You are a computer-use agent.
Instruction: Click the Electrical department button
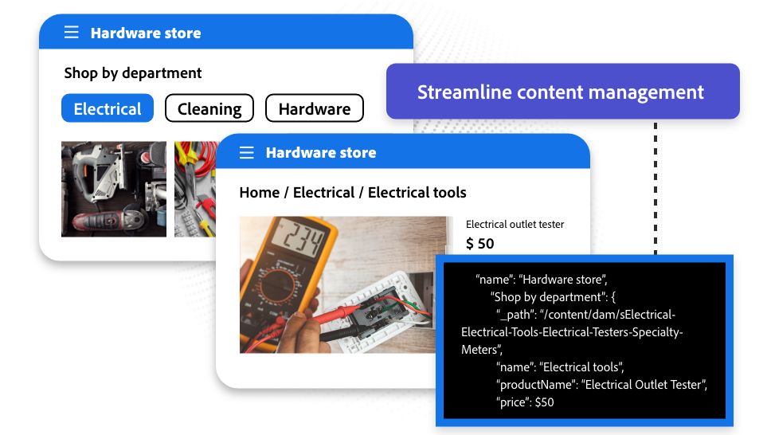108,108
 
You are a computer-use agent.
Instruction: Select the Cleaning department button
209,108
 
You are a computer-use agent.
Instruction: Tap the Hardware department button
314,108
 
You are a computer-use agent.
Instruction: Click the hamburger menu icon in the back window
72,33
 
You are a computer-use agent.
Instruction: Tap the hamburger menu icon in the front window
247,152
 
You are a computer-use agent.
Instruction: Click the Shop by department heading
133,72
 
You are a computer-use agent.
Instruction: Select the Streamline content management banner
562,92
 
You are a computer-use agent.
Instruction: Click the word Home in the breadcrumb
259,193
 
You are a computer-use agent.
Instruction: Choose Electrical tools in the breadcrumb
417,193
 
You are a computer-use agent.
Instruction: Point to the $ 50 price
480,244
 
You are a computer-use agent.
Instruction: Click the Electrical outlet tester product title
515,225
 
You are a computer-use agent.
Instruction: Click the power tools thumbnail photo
114,189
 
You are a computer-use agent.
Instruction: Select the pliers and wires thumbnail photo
195,189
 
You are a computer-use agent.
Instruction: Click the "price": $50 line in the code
525,402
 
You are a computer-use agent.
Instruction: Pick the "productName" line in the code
601,384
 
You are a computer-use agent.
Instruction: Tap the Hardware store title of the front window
321,152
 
